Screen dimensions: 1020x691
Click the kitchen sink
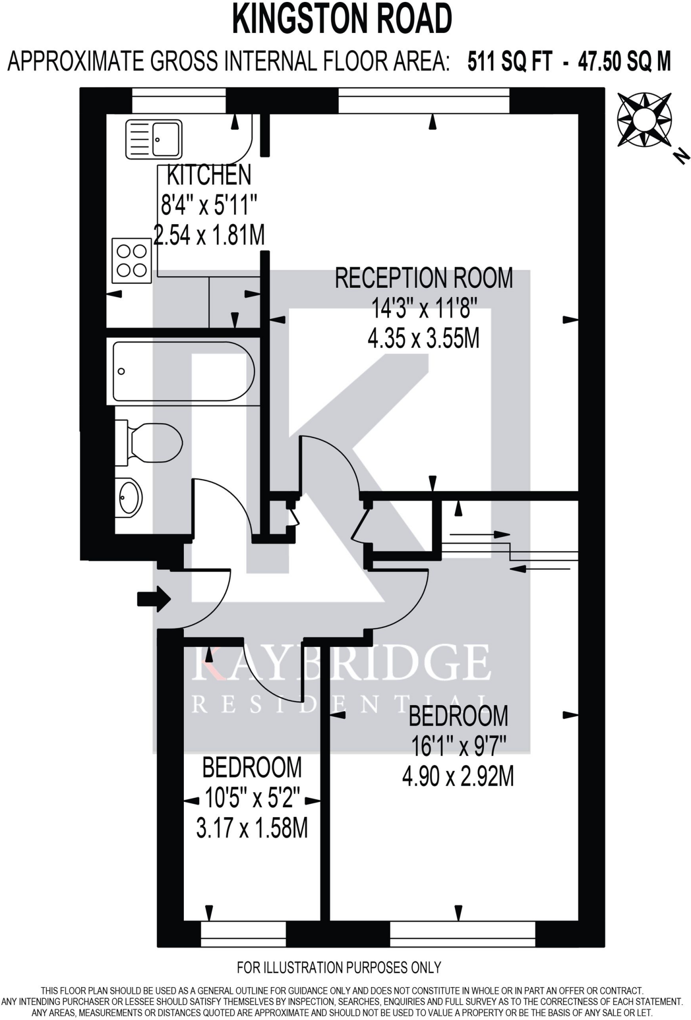[153, 139]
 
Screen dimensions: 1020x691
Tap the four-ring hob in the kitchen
[132, 260]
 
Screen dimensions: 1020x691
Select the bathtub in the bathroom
[183, 371]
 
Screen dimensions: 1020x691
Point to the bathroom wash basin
[131, 497]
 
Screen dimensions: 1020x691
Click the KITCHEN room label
[209, 175]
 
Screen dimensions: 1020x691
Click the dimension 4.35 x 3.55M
[423, 339]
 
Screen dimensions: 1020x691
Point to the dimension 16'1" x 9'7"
[458, 746]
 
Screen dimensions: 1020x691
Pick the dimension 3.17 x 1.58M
[252, 829]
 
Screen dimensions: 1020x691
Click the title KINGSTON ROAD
[342, 19]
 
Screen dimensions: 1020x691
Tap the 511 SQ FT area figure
[509, 62]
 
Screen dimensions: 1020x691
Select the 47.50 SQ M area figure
[624, 62]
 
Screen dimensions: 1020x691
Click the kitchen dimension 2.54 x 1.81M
[209, 235]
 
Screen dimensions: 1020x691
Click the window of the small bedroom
[243, 934]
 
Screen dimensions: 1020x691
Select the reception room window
[423, 100]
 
